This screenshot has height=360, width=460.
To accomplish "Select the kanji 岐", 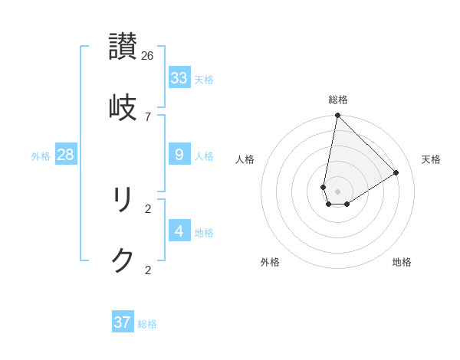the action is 123,107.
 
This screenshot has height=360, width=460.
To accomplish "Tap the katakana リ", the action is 123,200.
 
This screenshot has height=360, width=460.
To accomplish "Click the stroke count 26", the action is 148,55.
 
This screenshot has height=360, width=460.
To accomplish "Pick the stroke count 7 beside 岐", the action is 148,116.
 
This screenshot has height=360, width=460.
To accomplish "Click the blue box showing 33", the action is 179,78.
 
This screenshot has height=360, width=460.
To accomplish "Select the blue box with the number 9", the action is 179,155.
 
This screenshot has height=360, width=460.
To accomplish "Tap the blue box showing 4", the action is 179,231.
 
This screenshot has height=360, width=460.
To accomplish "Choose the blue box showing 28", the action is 65,155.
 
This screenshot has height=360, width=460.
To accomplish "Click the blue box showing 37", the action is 122,322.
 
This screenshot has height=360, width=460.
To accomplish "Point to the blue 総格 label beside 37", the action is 147,324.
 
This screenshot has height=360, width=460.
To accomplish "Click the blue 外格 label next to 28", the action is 41,156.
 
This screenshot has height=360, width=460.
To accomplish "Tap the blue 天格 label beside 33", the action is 204,80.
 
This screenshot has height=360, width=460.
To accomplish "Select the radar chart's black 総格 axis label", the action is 338,100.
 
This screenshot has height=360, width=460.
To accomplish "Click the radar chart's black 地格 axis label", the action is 402,262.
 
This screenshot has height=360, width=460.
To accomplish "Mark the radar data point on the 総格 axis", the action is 337,116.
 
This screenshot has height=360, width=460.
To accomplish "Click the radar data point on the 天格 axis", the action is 396,173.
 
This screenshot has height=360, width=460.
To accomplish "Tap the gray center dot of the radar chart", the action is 337,191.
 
